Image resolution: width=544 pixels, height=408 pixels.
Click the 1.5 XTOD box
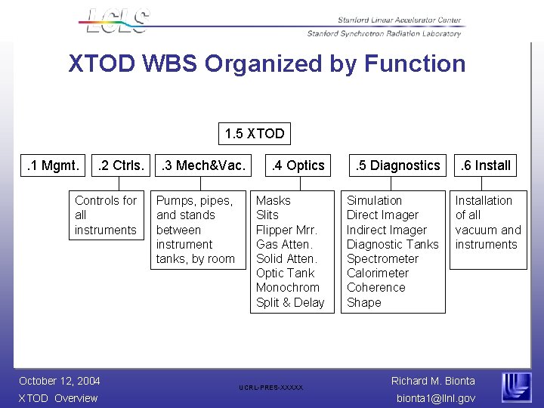tap(255, 134)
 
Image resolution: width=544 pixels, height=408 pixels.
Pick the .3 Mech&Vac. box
tap(200, 165)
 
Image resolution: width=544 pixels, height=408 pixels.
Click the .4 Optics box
tap(298, 165)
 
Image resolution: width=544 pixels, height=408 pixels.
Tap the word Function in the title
tap(415, 63)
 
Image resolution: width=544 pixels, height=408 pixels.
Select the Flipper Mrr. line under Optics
tap(286, 230)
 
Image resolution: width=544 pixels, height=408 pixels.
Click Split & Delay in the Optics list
tap(290, 302)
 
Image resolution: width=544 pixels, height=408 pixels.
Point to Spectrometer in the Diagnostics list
tap(382, 258)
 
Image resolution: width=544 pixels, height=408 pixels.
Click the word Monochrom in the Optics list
tap(288, 287)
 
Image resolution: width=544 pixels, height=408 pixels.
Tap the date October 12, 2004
tap(60, 381)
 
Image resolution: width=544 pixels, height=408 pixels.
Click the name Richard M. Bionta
tap(433, 381)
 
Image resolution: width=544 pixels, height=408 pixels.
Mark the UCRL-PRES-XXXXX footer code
tap(271, 388)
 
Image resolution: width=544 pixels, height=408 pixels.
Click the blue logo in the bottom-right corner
tap(516, 387)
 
